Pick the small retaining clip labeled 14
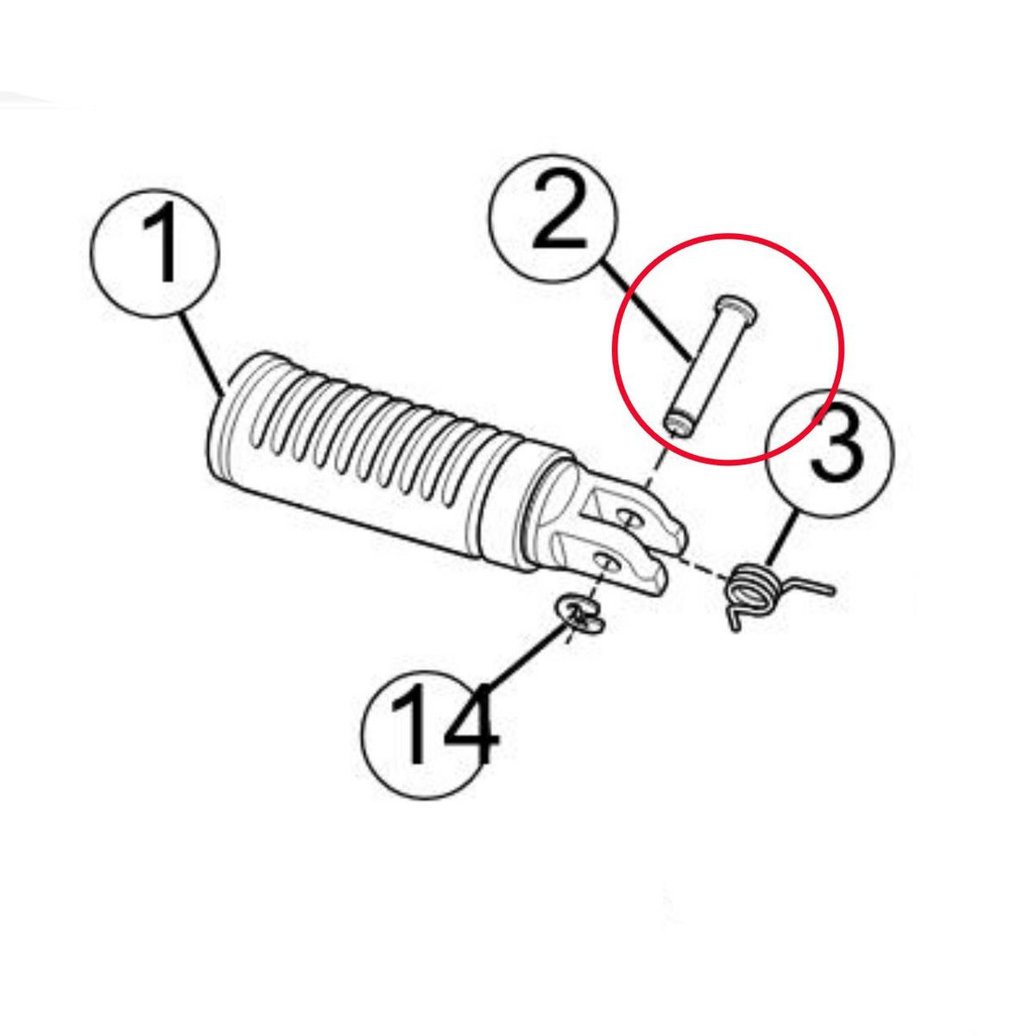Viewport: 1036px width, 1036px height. pyautogui.click(x=579, y=616)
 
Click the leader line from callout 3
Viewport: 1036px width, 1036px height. pyautogui.click(x=782, y=540)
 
